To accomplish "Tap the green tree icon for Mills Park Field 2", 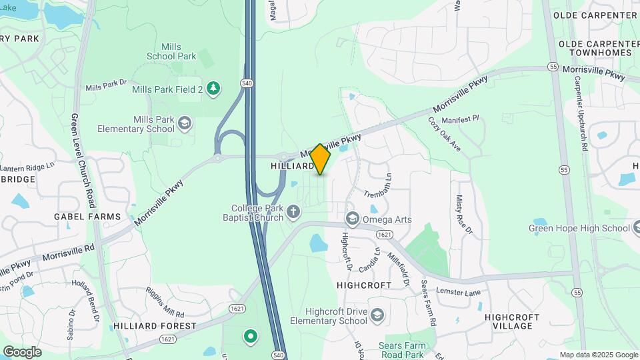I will pyautogui.click(x=213, y=89).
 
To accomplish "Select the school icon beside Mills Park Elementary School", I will pyautogui.click(x=185, y=123).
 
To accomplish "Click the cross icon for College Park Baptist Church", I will pyautogui.click(x=293, y=213).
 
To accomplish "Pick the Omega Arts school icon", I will pyautogui.click(x=353, y=219).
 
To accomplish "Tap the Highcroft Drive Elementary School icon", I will pyautogui.click(x=377, y=315).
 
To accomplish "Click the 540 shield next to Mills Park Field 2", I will pyautogui.click(x=247, y=83).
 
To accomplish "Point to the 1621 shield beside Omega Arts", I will pyautogui.click(x=383, y=235).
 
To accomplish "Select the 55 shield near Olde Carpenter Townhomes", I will pyautogui.click(x=553, y=67).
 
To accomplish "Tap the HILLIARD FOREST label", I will pyautogui.click(x=155, y=326).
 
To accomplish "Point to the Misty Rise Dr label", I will pyautogui.click(x=463, y=215).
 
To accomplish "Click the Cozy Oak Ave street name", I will pyautogui.click(x=444, y=134).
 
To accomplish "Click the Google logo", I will pyautogui.click(x=22, y=351).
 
